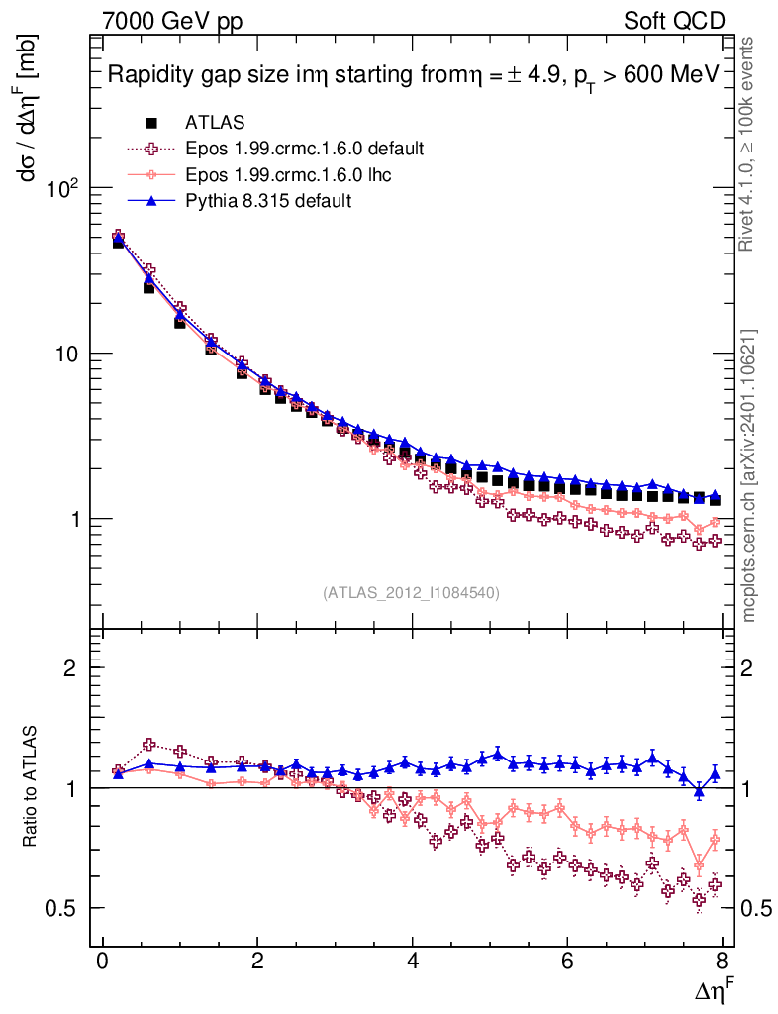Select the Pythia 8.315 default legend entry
click(x=267, y=200)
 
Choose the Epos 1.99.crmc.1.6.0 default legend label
click(x=304, y=149)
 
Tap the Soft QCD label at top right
click(x=673, y=21)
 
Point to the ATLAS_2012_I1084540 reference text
click(x=411, y=593)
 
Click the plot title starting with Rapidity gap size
click(x=412, y=76)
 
